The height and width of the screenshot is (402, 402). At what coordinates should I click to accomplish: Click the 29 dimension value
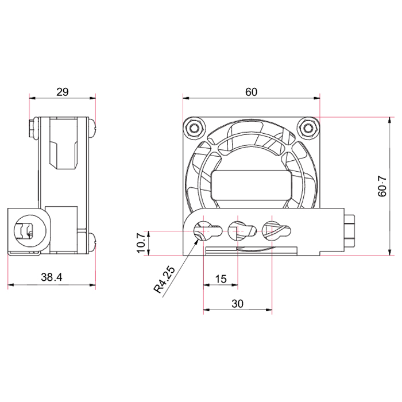63,92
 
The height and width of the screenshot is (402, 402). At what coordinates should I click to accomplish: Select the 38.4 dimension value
52,277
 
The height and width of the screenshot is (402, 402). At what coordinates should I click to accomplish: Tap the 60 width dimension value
251,92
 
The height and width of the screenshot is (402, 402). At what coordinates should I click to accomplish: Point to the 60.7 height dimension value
382,186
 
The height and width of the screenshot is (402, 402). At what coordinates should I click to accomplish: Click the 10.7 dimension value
141,242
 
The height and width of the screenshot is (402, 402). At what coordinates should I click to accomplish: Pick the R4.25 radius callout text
164,280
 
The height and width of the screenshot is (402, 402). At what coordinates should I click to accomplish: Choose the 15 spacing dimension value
221,279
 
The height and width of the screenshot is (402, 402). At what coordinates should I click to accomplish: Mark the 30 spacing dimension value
237,304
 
